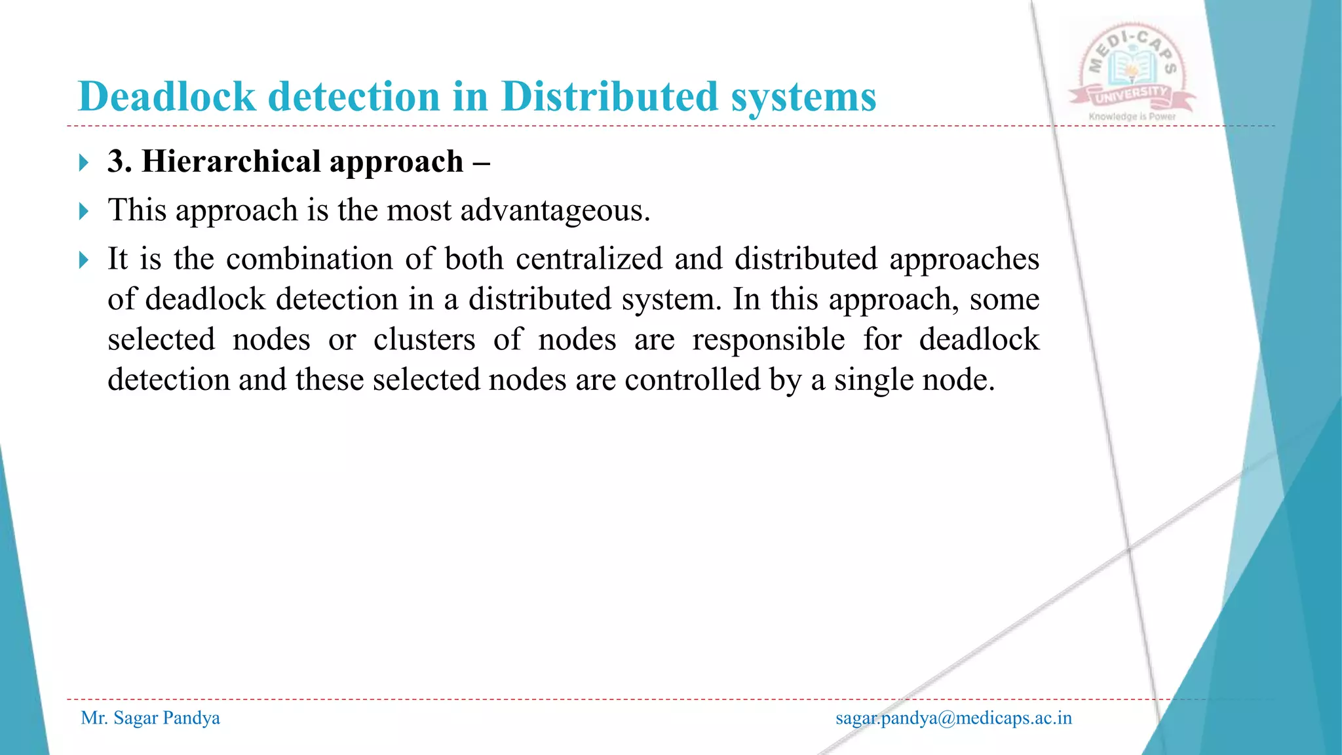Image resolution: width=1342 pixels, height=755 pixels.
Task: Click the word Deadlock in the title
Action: click(166, 97)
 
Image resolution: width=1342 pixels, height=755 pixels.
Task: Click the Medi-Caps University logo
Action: click(1132, 72)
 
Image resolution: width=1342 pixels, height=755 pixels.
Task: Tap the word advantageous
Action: click(554, 211)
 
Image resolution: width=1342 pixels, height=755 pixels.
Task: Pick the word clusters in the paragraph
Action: click(424, 339)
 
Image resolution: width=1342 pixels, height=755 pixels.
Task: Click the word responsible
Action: click(768, 339)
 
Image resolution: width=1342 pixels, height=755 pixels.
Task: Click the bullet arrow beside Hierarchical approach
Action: click(83, 163)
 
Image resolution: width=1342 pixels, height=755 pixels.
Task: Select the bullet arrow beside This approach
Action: click(83, 211)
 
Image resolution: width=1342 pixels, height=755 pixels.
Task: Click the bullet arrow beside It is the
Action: click(83, 260)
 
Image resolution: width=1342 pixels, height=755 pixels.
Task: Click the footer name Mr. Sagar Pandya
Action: click(150, 718)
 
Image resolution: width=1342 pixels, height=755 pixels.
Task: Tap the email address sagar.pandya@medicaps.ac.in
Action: click(953, 718)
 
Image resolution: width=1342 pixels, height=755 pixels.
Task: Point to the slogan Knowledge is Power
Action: click(1132, 117)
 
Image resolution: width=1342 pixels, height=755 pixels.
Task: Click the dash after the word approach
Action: click(480, 163)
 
